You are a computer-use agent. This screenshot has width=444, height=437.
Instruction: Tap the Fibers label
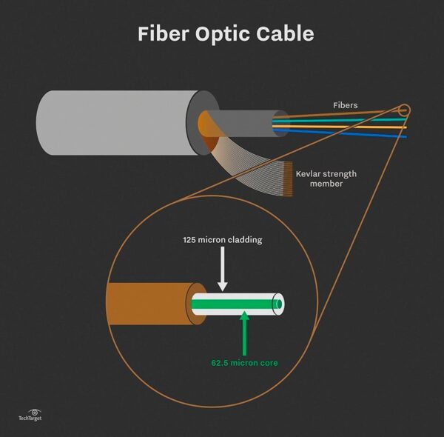[x=344, y=105]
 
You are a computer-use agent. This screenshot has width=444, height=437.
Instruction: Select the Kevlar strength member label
[x=326, y=179]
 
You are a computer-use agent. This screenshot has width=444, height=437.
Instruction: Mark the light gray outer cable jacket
[x=111, y=123]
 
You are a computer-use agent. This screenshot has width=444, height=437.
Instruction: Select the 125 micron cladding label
[x=223, y=241]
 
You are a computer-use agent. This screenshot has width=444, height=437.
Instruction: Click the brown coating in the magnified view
[x=148, y=303]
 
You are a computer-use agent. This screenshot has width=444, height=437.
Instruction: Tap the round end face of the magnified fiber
[x=278, y=304]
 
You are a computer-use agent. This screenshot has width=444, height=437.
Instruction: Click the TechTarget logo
[x=32, y=415]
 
